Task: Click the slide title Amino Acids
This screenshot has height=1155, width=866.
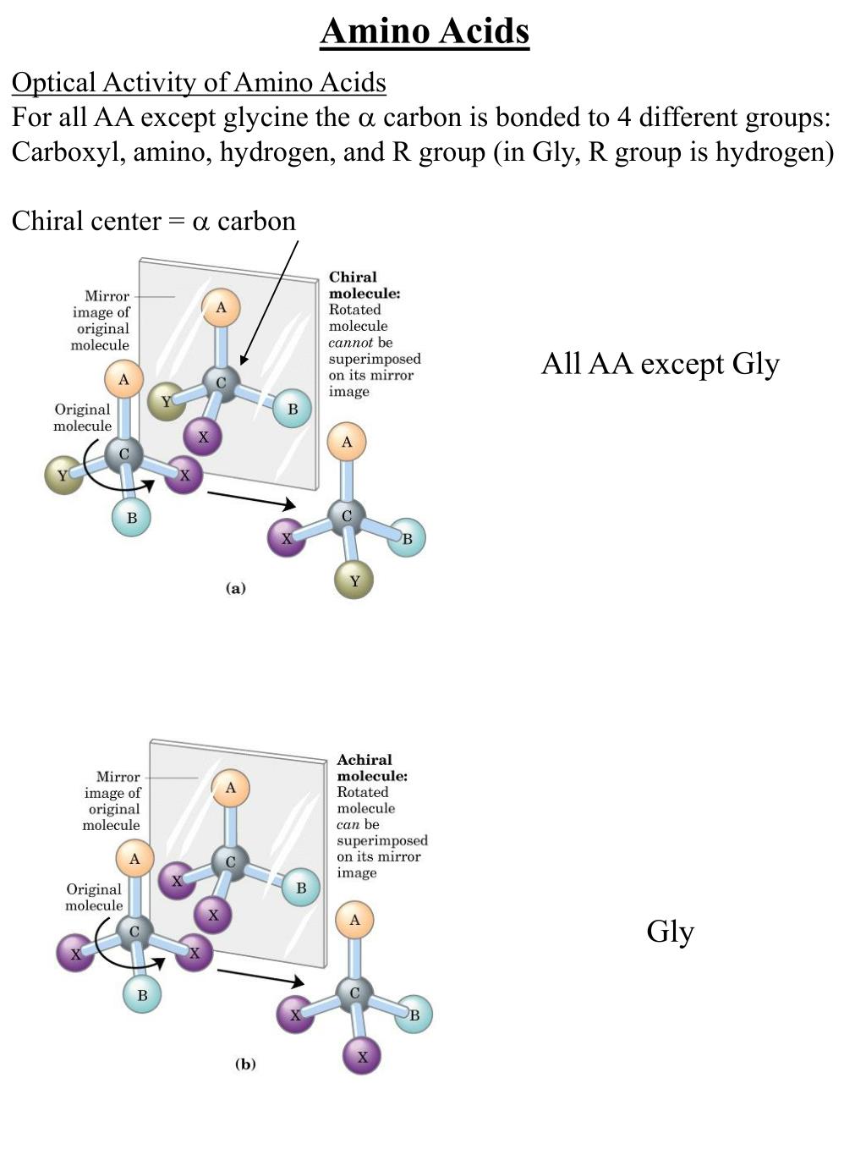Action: pos(425,31)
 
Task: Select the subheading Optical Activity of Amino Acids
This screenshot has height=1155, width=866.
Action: pos(199,82)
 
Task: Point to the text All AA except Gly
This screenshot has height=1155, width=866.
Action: pos(660,363)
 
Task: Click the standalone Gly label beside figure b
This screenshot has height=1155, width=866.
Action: pos(670,931)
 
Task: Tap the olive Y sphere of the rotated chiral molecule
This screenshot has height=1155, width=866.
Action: pos(354,580)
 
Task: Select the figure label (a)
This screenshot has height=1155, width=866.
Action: pos(235,588)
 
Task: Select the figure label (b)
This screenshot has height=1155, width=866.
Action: pos(245,1064)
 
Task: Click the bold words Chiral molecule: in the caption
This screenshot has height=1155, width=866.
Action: pos(364,285)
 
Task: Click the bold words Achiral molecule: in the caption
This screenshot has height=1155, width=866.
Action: pos(371,767)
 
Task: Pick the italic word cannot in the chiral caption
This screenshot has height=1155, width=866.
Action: pos(350,343)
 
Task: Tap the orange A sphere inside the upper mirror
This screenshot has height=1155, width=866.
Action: pos(222,308)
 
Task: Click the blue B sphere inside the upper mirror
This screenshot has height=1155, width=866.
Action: pos(293,410)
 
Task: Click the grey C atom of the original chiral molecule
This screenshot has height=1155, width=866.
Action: pos(124,455)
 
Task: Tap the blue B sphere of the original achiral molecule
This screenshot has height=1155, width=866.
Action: pos(142,995)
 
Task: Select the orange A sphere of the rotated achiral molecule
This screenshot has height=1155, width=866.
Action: pos(354,920)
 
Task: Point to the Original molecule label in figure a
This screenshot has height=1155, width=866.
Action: pos(82,417)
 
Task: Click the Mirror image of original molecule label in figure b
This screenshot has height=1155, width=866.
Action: pos(112,800)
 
